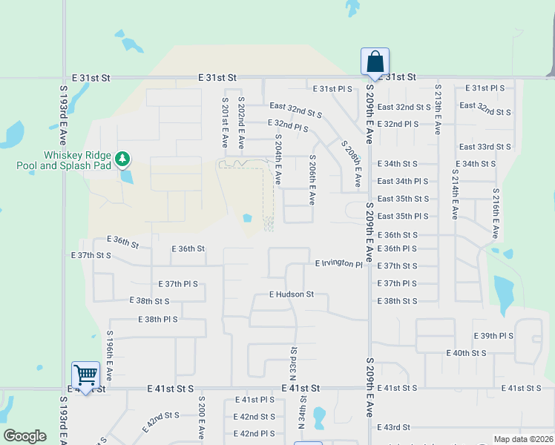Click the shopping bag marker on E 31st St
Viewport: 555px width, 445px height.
click(x=375, y=62)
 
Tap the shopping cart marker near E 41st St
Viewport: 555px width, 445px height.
click(x=85, y=374)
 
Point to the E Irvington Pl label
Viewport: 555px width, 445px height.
click(x=338, y=264)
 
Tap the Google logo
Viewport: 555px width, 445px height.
click(x=24, y=436)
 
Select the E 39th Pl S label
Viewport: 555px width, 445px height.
click(x=487, y=336)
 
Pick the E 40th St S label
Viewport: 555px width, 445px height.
click(x=466, y=353)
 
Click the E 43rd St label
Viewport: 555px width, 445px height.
click(x=393, y=428)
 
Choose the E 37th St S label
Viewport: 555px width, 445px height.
click(x=91, y=255)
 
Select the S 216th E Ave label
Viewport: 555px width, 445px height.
click(x=495, y=214)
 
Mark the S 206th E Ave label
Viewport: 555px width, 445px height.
click(x=312, y=179)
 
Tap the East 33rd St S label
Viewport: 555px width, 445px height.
click(x=485, y=147)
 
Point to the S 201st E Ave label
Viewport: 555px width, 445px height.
click(x=225, y=122)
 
